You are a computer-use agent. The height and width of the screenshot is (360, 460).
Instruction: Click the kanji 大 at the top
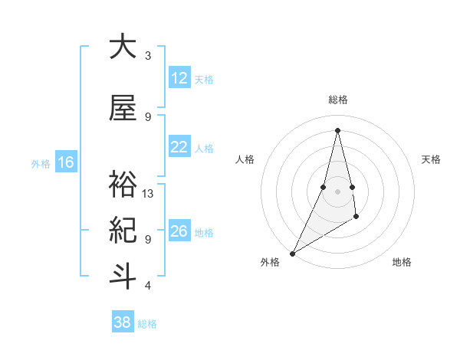point(123,47)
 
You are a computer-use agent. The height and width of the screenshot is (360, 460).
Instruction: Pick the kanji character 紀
point(123,230)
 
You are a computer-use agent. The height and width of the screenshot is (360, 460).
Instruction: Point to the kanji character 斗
point(123,277)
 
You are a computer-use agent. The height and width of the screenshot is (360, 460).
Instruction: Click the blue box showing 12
point(179,78)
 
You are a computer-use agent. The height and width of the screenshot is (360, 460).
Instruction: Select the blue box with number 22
point(179,147)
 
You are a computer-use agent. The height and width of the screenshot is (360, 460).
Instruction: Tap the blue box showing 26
point(179,231)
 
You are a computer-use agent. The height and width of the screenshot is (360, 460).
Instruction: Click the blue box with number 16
point(66,162)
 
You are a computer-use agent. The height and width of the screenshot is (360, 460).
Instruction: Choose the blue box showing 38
point(123,322)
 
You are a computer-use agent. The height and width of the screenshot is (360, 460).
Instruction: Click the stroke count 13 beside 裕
point(148,194)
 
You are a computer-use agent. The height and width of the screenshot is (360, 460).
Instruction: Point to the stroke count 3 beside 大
point(148,56)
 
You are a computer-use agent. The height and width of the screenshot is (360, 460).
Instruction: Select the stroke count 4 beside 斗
point(148,286)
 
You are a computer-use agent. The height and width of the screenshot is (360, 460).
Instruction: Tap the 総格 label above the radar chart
point(337,100)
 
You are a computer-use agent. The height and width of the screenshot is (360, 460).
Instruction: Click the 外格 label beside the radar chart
point(270,262)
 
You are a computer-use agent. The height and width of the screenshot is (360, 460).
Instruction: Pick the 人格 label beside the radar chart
point(245,159)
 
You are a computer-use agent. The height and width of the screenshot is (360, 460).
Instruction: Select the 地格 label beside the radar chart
point(402,262)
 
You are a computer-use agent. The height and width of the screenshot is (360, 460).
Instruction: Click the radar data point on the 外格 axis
point(292,253)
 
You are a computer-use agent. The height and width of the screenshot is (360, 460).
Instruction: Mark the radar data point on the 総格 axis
point(337,130)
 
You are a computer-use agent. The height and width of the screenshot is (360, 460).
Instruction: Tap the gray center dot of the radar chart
point(337,191)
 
